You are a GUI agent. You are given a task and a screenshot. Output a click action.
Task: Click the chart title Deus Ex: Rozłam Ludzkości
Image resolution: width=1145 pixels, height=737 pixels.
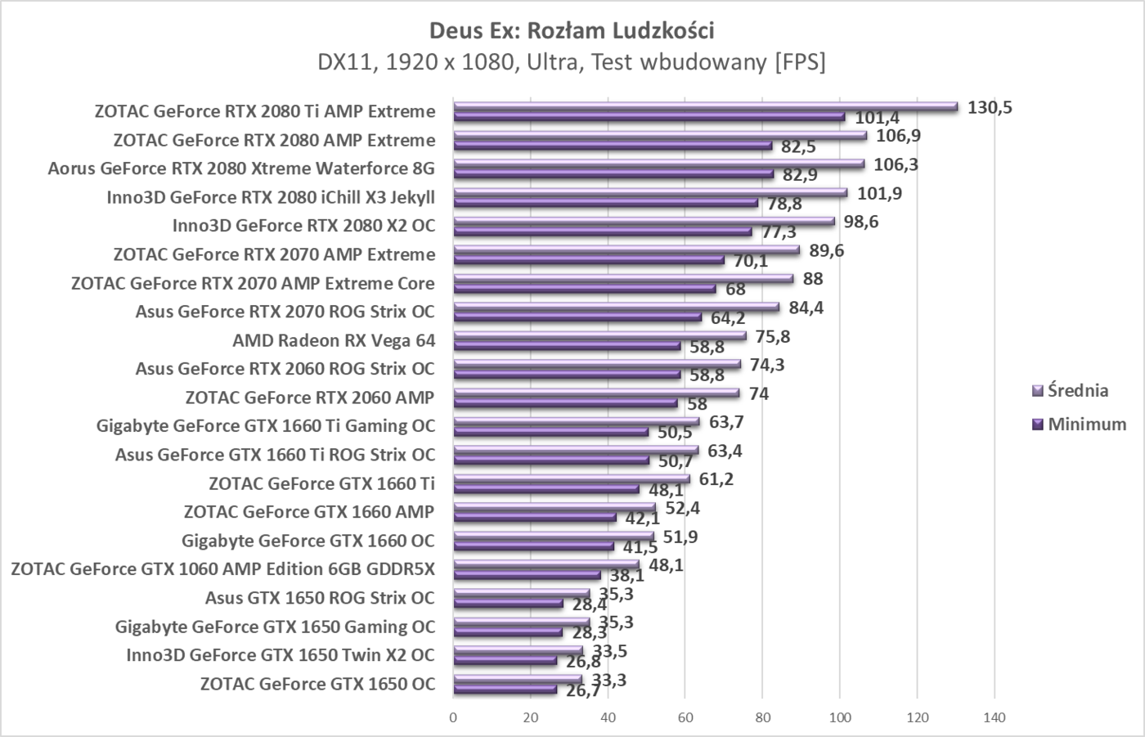pyautogui.click(x=572, y=30)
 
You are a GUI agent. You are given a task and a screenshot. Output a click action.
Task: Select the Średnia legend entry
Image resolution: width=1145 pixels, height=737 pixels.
pyautogui.click(x=1077, y=390)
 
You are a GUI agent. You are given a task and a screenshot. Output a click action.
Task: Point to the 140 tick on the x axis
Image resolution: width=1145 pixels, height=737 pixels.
pyautogui.click(x=995, y=718)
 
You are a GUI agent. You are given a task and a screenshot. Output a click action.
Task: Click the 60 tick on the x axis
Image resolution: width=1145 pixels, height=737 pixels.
pyautogui.click(x=685, y=718)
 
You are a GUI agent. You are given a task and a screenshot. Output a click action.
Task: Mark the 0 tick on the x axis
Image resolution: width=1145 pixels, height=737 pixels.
pyautogui.click(x=453, y=718)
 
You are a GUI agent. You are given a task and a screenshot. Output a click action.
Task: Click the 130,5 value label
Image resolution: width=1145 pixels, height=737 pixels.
pyautogui.click(x=989, y=107)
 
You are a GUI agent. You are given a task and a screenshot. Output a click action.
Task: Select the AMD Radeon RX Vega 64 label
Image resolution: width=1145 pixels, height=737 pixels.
pyautogui.click(x=334, y=340)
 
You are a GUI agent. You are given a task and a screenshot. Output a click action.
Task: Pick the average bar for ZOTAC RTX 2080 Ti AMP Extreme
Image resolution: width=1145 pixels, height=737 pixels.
pyautogui.click(x=705, y=106)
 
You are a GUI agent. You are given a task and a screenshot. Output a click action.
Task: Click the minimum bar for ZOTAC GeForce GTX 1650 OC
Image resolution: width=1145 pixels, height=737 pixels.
pyautogui.click(x=505, y=690)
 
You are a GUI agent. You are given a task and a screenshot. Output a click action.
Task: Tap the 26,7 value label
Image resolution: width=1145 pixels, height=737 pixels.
pyautogui.click(x=582, y=691)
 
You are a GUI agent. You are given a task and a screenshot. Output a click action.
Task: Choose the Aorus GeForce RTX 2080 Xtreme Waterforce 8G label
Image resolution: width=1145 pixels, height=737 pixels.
pyautogui.click(x=241, y=169)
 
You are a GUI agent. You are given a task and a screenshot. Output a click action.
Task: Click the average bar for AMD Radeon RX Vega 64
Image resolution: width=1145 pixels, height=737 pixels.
pyautogui.click(x=599, y=335)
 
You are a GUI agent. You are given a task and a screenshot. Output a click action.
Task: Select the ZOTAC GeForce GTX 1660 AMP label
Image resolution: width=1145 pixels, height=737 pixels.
pyautogui.click(x=309, y=512)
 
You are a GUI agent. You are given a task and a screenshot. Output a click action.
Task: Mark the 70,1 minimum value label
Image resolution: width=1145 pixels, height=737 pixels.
pyautogui.click(x=750, y=261)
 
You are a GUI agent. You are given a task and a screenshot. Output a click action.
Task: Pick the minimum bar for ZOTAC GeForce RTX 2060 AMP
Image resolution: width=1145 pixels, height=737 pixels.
pyautogui.click(x=565, y=403)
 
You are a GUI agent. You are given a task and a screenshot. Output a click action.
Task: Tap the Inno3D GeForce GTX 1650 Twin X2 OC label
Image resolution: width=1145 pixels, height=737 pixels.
pyautogui.click(x=281, y=655)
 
